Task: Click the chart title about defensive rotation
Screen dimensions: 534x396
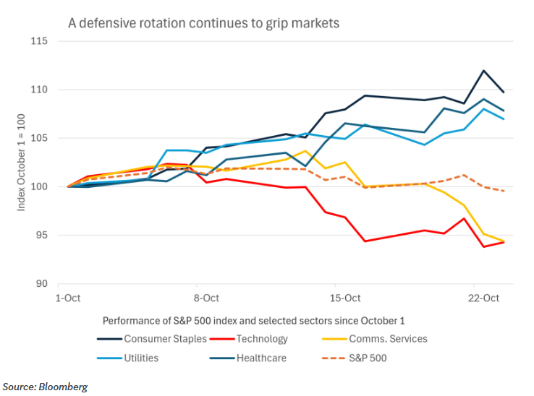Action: (203, 23)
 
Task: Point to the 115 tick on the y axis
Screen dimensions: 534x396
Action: (39, 41)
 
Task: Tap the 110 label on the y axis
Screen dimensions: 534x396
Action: (39, 90)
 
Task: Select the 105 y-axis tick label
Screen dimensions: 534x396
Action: (39, 138)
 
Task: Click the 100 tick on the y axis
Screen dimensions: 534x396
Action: (39, 186)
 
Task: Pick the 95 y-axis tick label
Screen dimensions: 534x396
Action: (42, 235)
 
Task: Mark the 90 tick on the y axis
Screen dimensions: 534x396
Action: (42, 283)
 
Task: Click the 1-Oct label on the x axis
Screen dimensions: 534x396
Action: (68, 298)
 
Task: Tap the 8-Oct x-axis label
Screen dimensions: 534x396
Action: (206, 298)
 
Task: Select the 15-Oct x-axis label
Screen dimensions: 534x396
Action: (345, 298)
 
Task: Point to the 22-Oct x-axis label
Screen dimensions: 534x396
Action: (483, 298)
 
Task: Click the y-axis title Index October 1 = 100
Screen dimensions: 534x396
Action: (21, 163)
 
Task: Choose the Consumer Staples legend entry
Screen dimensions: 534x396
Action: (152, 339)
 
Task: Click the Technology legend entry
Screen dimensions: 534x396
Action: (249, 339)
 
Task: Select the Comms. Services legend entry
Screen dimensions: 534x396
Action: (375, 339)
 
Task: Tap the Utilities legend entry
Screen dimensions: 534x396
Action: (127, 358)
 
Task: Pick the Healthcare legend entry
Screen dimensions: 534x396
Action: (248, 358)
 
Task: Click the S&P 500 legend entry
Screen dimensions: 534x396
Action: (354, 358)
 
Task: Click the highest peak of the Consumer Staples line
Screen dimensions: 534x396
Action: (483, 71)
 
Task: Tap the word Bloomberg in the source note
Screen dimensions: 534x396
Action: (63, 387)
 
